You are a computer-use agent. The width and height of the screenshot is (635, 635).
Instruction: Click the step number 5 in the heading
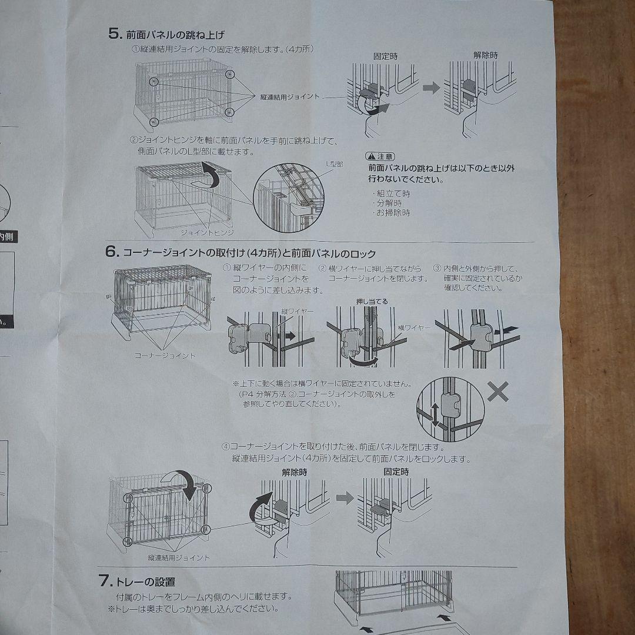(x=115, y=33)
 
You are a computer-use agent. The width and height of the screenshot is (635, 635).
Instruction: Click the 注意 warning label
(x=380, y=156)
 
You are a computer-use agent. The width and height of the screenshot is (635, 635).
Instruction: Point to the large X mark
(x=498, y=392)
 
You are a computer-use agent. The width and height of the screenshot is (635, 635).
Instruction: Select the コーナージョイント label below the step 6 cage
(x=165, y=356)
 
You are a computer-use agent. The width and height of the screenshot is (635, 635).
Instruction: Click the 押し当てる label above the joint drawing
(x=372, y=302)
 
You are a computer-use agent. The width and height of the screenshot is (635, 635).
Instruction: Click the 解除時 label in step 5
(x=485, y=55)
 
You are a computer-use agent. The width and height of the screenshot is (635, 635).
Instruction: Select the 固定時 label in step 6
(x=396, y=472)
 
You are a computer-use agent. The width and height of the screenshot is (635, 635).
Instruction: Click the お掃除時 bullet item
(x=392, y=213)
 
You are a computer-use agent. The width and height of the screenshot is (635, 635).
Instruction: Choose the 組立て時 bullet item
(x=392, y=193)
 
